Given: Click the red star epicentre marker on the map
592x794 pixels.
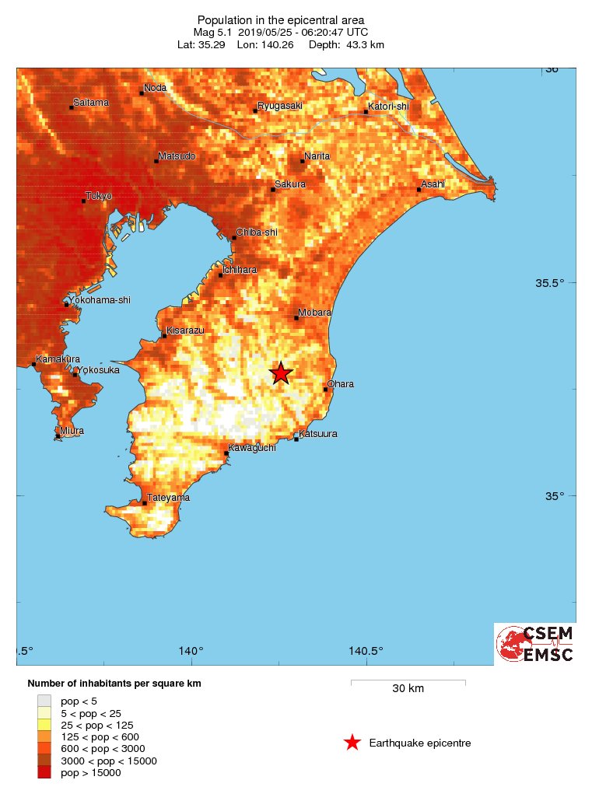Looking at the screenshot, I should click(281, 373).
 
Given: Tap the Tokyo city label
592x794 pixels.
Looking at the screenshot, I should click(99, 196).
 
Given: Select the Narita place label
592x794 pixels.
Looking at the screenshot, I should click(317, 156).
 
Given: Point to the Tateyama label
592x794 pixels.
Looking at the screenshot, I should click(170, 498).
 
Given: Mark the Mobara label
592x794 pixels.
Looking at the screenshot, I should click(314, 312).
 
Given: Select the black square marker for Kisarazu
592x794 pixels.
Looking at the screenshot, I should click(164, 336).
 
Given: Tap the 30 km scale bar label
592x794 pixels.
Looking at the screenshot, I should click(408, 688).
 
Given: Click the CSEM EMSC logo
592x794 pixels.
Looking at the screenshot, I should click(535, 644).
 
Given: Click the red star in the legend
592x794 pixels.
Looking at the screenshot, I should click(352, 743).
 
